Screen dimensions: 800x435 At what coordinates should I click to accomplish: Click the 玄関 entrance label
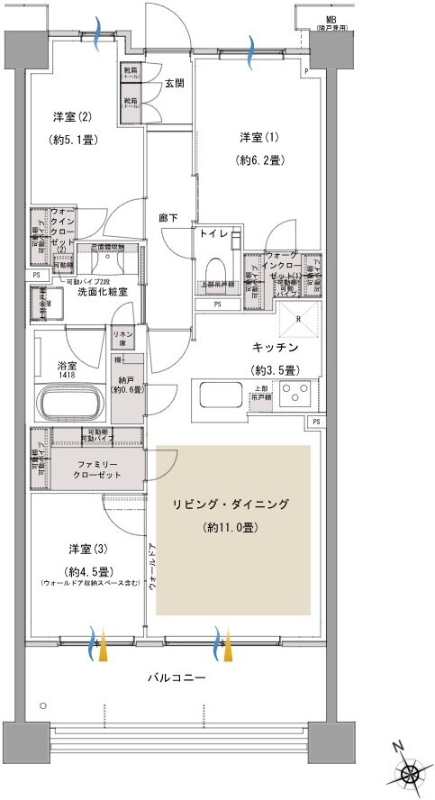click(x=174, y=84)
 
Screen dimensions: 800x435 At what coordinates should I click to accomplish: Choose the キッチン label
click(x=275, y=347)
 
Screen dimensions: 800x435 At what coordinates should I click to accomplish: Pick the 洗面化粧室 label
click(x=102, y=292)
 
